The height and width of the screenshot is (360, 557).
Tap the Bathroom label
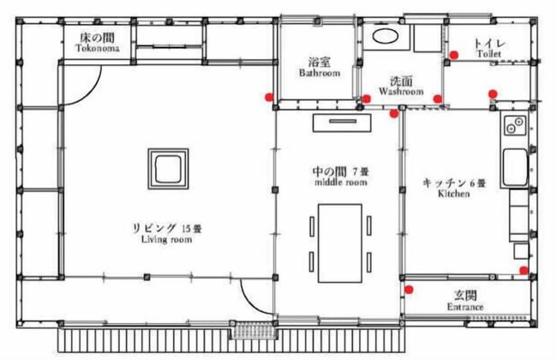(319, 74)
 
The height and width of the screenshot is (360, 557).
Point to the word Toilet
(489, 53)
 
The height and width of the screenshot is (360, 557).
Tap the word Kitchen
(453, 194)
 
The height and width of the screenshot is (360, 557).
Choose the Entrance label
(466, 306)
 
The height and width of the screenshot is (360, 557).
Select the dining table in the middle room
(341, 242)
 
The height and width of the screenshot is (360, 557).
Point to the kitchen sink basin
(515, 168)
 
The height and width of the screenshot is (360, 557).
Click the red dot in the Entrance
(410, 289)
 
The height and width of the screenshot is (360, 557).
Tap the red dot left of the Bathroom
(270, 97)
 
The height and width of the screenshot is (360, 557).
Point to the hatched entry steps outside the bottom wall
(252, 329)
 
